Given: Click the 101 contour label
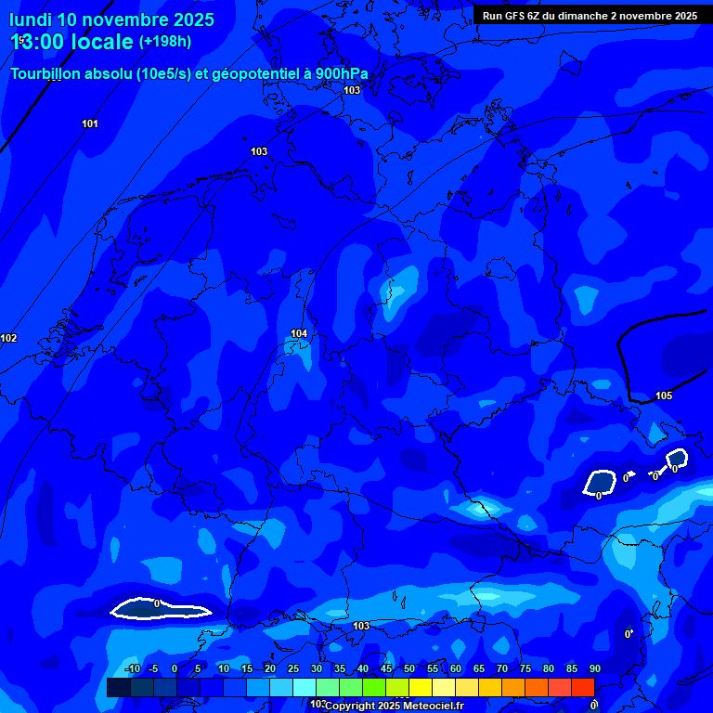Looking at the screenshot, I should click(90, 123).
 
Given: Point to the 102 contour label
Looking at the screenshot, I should click(8, 338).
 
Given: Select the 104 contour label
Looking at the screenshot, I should click(299, 333).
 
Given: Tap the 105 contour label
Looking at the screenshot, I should click(664, 395).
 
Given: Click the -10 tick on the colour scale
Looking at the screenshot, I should click(133, 669).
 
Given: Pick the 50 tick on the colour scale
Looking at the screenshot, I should click(409, 669).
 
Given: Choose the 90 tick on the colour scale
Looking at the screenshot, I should click(594, 669).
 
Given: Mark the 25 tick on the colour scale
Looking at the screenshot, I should click(293, 669).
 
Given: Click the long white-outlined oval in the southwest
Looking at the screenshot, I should click(160, 609).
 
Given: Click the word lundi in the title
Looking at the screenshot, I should click(30, 19).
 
